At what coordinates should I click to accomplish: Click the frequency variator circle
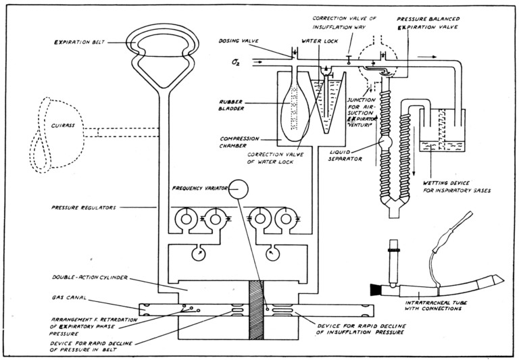tap(239, 189)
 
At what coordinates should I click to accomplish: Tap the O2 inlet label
tap(237, 61)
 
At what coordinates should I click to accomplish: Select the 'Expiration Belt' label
tap(80, 43)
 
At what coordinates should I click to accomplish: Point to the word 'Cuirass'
tap(64, 126)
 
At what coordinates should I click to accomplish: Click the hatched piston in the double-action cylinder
tap(256, 310)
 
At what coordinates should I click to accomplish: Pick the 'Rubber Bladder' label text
tap(230, 105)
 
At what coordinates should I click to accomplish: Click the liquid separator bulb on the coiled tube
tap(385, 143)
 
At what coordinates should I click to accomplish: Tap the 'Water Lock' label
tap(320, 41)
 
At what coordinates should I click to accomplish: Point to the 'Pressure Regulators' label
tap(83, 208)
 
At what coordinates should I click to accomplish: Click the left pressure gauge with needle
tap(198, 254)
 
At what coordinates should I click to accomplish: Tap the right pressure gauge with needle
tap(272, 254)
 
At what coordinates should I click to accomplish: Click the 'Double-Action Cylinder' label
tap(90, 278)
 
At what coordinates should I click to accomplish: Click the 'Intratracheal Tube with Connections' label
tap(433, 305)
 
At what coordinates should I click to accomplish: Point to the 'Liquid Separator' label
tap(345, 155)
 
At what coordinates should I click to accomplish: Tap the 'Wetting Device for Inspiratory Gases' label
tap(457, 186)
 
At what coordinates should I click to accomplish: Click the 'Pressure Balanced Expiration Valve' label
tap(428, 23)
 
